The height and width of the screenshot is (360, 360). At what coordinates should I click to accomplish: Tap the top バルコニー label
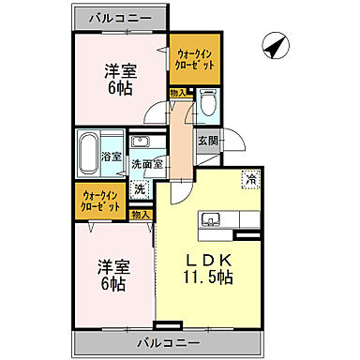click(x=119, y=17)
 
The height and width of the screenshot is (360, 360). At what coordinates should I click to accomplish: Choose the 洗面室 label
click(x=147, y=163)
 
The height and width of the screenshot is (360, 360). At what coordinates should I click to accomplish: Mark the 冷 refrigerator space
click(x=250, y=177)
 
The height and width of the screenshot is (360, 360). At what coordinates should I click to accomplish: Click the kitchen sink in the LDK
click(x=209, y=220)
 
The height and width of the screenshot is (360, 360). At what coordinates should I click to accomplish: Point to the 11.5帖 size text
click(x=207, y=277)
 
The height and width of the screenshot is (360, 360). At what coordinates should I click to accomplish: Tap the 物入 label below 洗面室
click(x=141, y=215)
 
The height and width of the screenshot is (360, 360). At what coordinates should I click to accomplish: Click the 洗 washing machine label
click(x=140, y=188)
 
